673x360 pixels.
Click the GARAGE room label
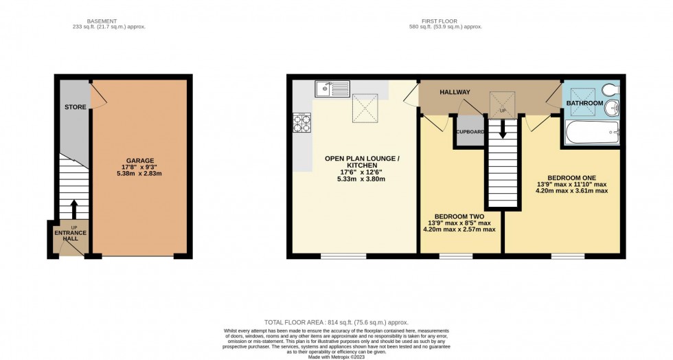[139, 160]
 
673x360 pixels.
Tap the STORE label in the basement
[75, 107]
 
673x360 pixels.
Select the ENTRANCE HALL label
[71, 236]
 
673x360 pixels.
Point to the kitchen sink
[332, 88]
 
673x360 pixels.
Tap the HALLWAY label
[455, 92]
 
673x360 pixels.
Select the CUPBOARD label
[470, 131]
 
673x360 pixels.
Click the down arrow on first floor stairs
[503, 128]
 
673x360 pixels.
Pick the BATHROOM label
[584, 103]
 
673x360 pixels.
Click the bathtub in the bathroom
[591, 133]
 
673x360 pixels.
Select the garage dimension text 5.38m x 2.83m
[139, 175]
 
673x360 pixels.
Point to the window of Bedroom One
[567, 257]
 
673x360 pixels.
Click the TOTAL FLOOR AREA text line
[336, 322]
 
